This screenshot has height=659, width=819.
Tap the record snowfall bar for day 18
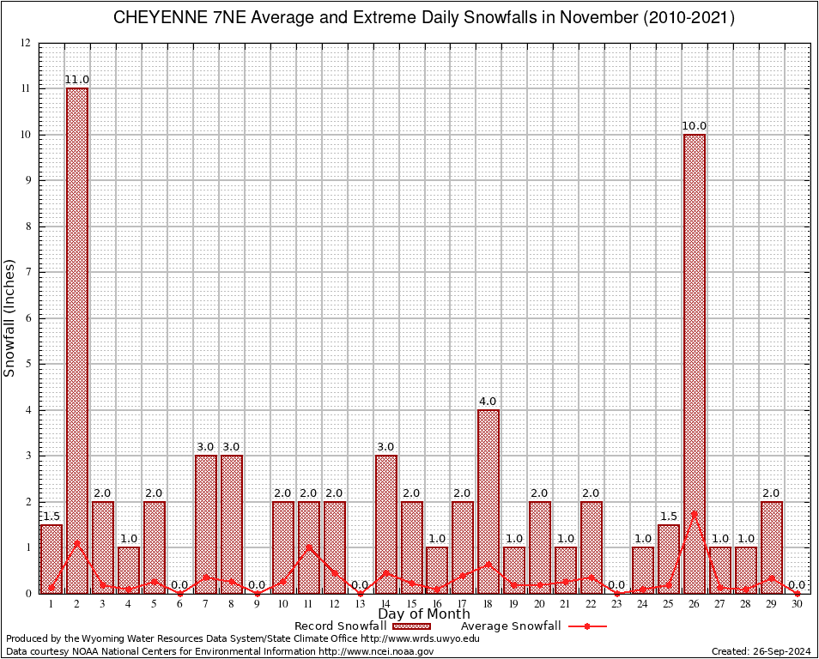[x=488, y=501]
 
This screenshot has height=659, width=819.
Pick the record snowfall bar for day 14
[x=385, y=524]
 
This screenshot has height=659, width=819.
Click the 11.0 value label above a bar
[x=76, y=80]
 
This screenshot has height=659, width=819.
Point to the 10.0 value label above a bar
[x=694, y=126]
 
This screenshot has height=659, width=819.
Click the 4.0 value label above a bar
[x=488, y=402]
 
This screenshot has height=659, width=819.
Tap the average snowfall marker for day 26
[x=694, y=513]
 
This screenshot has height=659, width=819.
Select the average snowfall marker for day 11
[x=308, y=547]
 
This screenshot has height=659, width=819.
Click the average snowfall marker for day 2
[x=76, y=542]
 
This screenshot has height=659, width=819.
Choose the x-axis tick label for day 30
[x=797, y=604]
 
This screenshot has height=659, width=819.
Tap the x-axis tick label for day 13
[x=360, y=604]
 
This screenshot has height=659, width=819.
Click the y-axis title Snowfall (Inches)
[x=10, y=317]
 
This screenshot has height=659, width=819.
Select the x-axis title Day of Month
[x=423, y=614]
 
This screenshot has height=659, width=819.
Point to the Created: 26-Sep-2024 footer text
[x=761, y=651]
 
